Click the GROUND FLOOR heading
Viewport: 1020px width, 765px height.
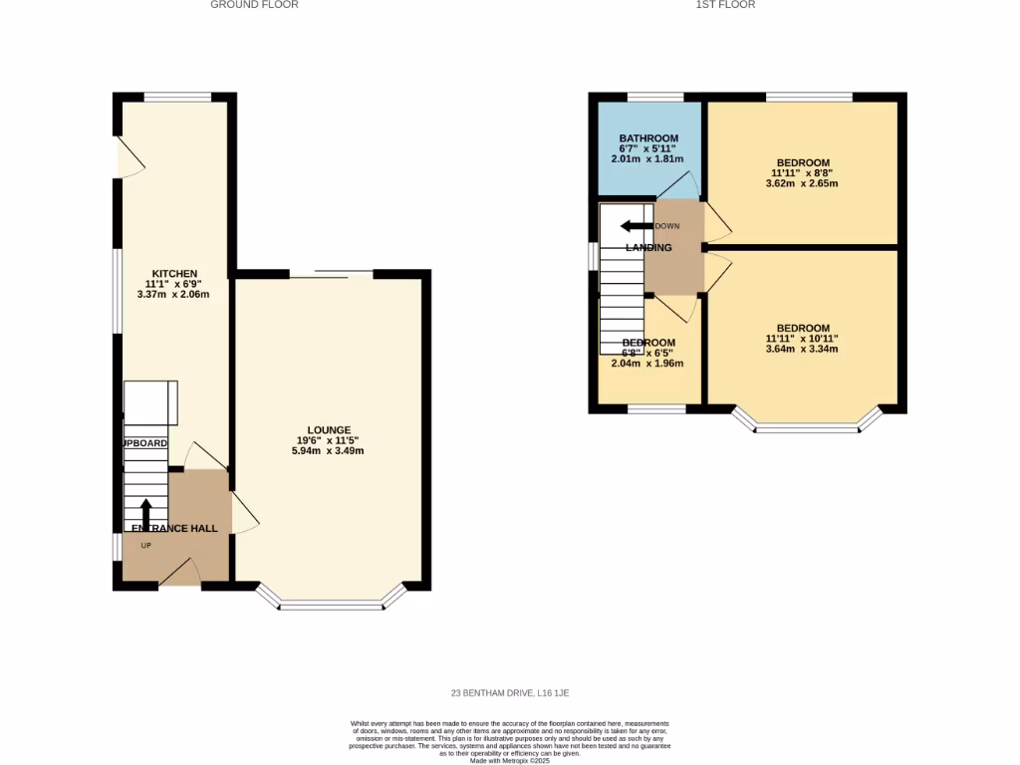coord(254,5)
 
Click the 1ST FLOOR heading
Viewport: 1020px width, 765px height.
coord(725,5)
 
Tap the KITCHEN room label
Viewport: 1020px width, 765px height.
coord(174,273)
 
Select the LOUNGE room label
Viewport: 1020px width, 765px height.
coord(329,429)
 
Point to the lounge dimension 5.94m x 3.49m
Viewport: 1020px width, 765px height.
coord(329,451)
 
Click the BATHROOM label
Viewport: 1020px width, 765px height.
coord(648,138)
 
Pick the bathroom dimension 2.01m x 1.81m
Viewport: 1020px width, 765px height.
coord(648,158)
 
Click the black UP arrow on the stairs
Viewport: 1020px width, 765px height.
coord(146,513)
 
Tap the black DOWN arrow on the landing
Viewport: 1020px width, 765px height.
coord(632,226)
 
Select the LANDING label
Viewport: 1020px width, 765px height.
coord(648,247)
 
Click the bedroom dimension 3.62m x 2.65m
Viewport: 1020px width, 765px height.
coord(803,183)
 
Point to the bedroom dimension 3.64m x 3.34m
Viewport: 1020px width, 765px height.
coord(803,349)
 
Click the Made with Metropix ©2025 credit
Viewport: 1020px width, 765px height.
coord(510,761)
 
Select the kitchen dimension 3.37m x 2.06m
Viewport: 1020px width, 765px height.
coord(174,294)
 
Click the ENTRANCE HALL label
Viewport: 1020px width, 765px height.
coord(171,528)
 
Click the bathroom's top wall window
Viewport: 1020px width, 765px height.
coord(655,97)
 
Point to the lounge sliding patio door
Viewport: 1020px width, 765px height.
coord(332,274)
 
